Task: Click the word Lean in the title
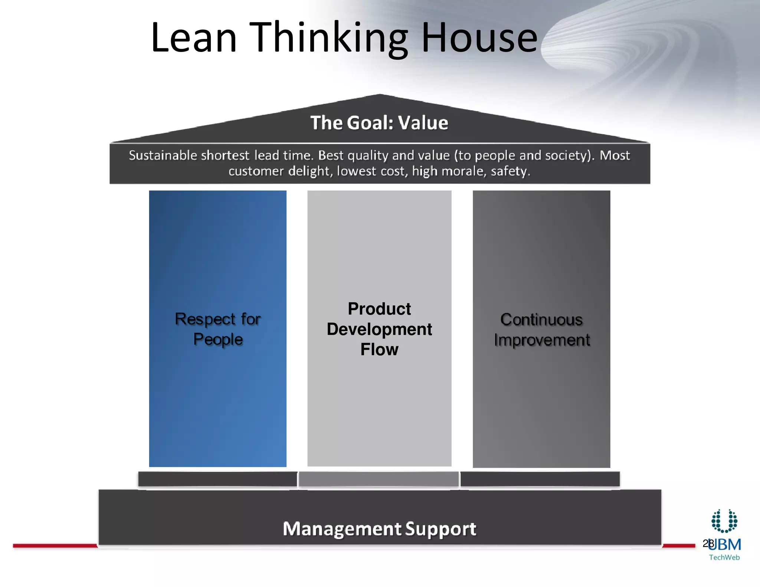tap(194, 38)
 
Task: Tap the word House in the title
tap(479, 38)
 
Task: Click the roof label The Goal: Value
tap(379, 123)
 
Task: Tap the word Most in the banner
tap(615, 155)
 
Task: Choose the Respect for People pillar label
tap(218, 329)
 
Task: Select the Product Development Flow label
tap(379, 329)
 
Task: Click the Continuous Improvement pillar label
tap(541, 330)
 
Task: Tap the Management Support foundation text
tap(379, 529)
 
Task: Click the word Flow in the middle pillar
tap(379, 350)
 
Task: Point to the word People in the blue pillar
tap(218, 340)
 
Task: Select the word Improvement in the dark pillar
tap(542, 340)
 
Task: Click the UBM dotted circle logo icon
tap(724, 521)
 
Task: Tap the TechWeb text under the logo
tap(724, 557)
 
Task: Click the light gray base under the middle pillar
tap(379, 479)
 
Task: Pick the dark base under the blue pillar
tap(217, 479)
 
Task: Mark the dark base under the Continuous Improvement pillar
tap(540, 479)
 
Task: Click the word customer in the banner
tap(256, 171)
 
